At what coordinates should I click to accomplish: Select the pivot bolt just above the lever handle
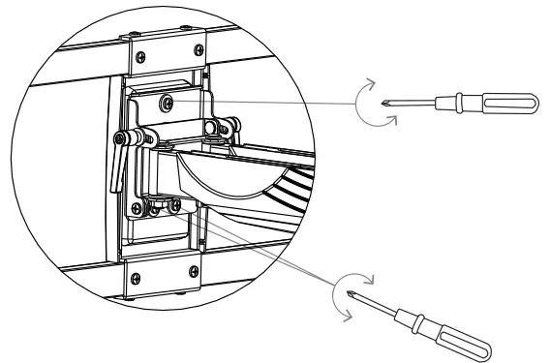point(125,136)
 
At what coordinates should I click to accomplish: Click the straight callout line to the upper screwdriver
point(281,100)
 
